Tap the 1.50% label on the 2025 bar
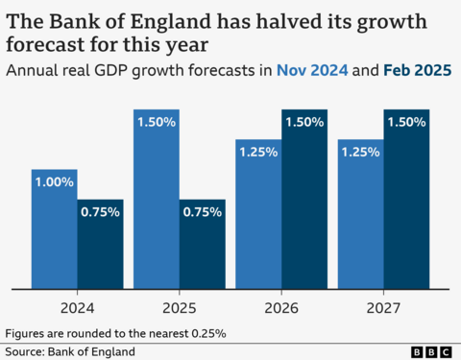pos(156,123)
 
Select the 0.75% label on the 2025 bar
pos(202,212)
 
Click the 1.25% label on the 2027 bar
pos(360,153)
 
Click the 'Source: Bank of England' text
pos(69,351)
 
